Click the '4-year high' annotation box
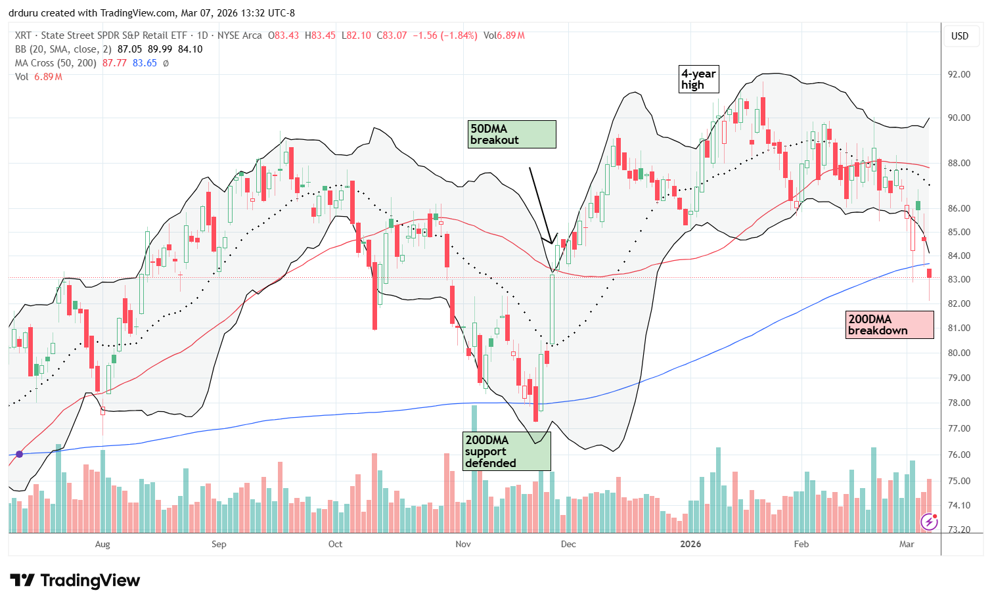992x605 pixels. click(698, 79)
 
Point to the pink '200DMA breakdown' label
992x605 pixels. click(890, 325)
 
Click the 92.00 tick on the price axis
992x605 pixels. click(958, 74)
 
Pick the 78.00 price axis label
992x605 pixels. click(958, 403)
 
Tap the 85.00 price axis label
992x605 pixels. click(958, 232)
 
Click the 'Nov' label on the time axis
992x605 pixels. click(463, 544)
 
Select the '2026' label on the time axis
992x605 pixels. click(690, 544)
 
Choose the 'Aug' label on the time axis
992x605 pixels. click(102, 544)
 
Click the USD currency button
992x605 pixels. click(960, 36)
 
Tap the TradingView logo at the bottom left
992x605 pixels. click(75, 581)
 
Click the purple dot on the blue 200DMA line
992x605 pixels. click(19, 454)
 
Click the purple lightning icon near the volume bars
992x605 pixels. click(929, 522)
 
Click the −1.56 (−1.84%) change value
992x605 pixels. click(444, 35)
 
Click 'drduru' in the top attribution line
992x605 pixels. click(24, 13)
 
